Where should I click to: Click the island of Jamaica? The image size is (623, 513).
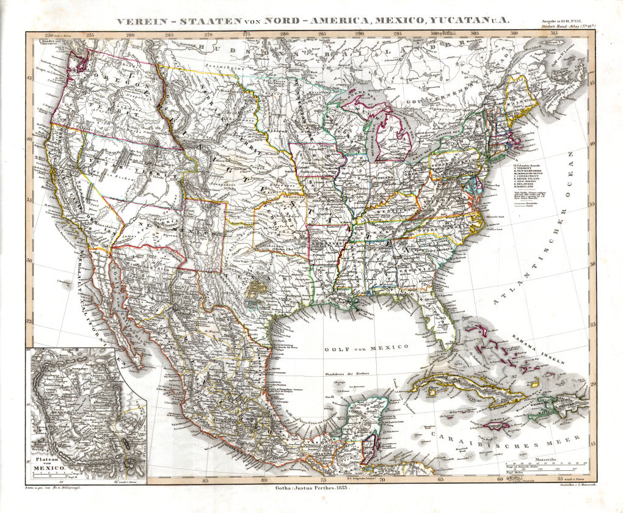point(487,420)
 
